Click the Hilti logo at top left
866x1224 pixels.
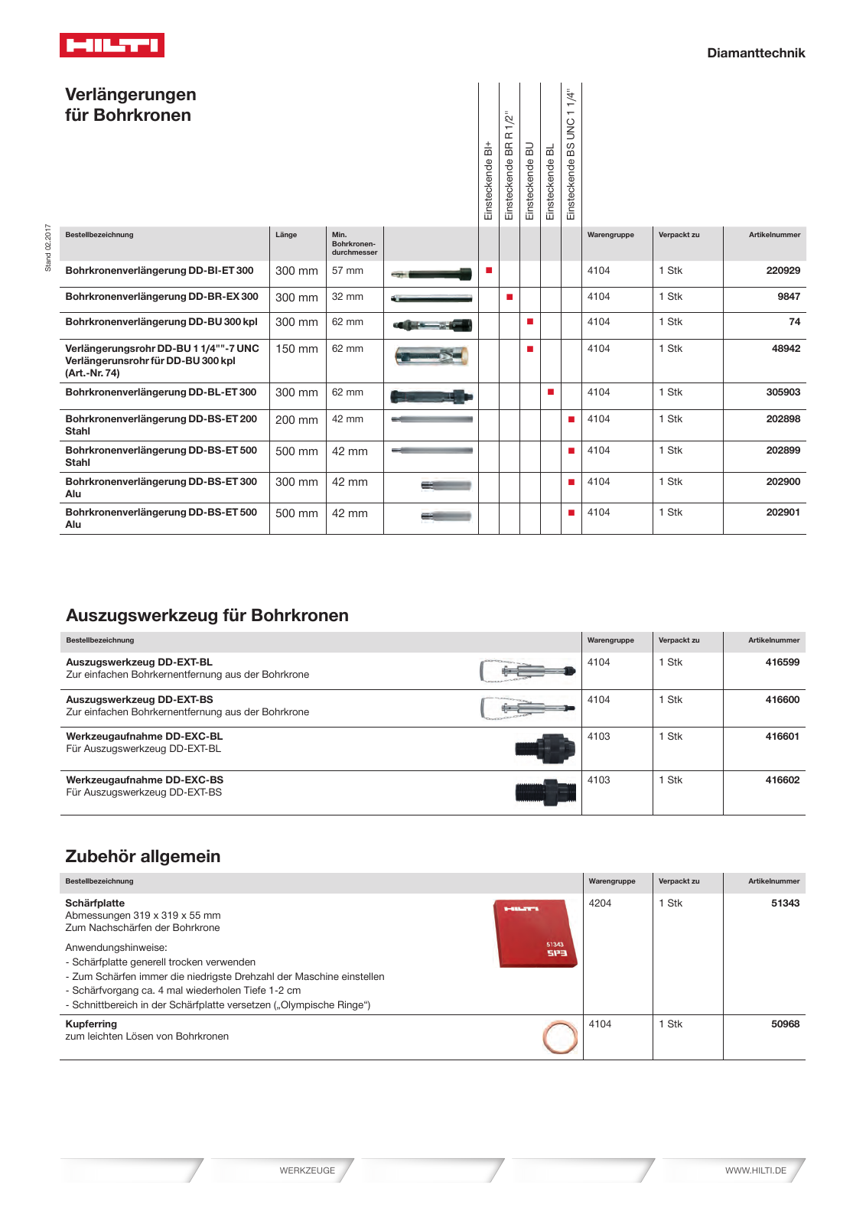point(112,45)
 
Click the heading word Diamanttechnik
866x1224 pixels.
point(755,53)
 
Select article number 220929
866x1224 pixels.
point(783,271)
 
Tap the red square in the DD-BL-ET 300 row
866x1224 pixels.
point(551,392)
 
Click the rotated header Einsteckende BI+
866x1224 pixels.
point(489,181)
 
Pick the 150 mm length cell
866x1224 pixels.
point(297,349)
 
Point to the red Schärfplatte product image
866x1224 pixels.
point(535,933)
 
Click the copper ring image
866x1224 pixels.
point(559,1037)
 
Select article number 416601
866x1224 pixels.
point(782,737)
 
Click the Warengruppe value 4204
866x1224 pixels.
point(600,903)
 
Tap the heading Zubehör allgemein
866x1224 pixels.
point(143,856)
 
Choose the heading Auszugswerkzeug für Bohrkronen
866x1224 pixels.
point(207,615)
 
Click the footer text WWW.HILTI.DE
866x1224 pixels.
point(755,1170)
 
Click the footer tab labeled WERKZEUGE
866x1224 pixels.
point(307,1170)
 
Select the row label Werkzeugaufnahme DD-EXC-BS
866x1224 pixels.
point(145,780)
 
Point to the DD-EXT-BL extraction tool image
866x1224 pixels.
point(527,671)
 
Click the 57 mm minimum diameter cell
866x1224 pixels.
point(347,271)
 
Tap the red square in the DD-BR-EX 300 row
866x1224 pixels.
point(510,297)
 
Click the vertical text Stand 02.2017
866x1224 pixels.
point(48,248)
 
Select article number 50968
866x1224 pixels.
point(785,1024)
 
